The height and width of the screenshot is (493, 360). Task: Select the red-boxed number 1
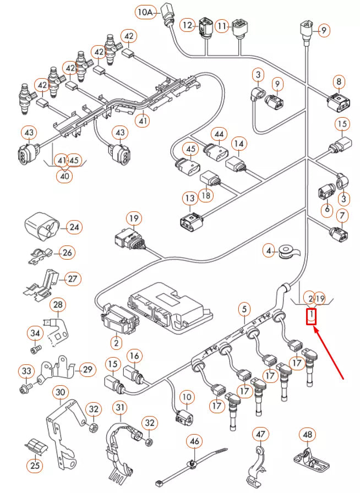[312, 316]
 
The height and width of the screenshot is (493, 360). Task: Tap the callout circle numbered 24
[74, 226]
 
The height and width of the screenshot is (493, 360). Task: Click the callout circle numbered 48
[308, 435]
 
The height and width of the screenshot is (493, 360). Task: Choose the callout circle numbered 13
[190, 198]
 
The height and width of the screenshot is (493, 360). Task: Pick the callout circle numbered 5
[244, 309]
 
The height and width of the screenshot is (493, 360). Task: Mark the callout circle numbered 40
[65, 176]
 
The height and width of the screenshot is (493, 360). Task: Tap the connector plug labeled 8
[336, 102]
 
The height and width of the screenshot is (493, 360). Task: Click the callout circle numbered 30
[60, 392]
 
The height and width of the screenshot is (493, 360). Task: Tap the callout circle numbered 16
[134, 355]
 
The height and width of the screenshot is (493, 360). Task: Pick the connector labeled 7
[337, 233]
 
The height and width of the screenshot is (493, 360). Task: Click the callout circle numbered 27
[72, 278]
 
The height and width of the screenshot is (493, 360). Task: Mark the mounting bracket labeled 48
[306, 457]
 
